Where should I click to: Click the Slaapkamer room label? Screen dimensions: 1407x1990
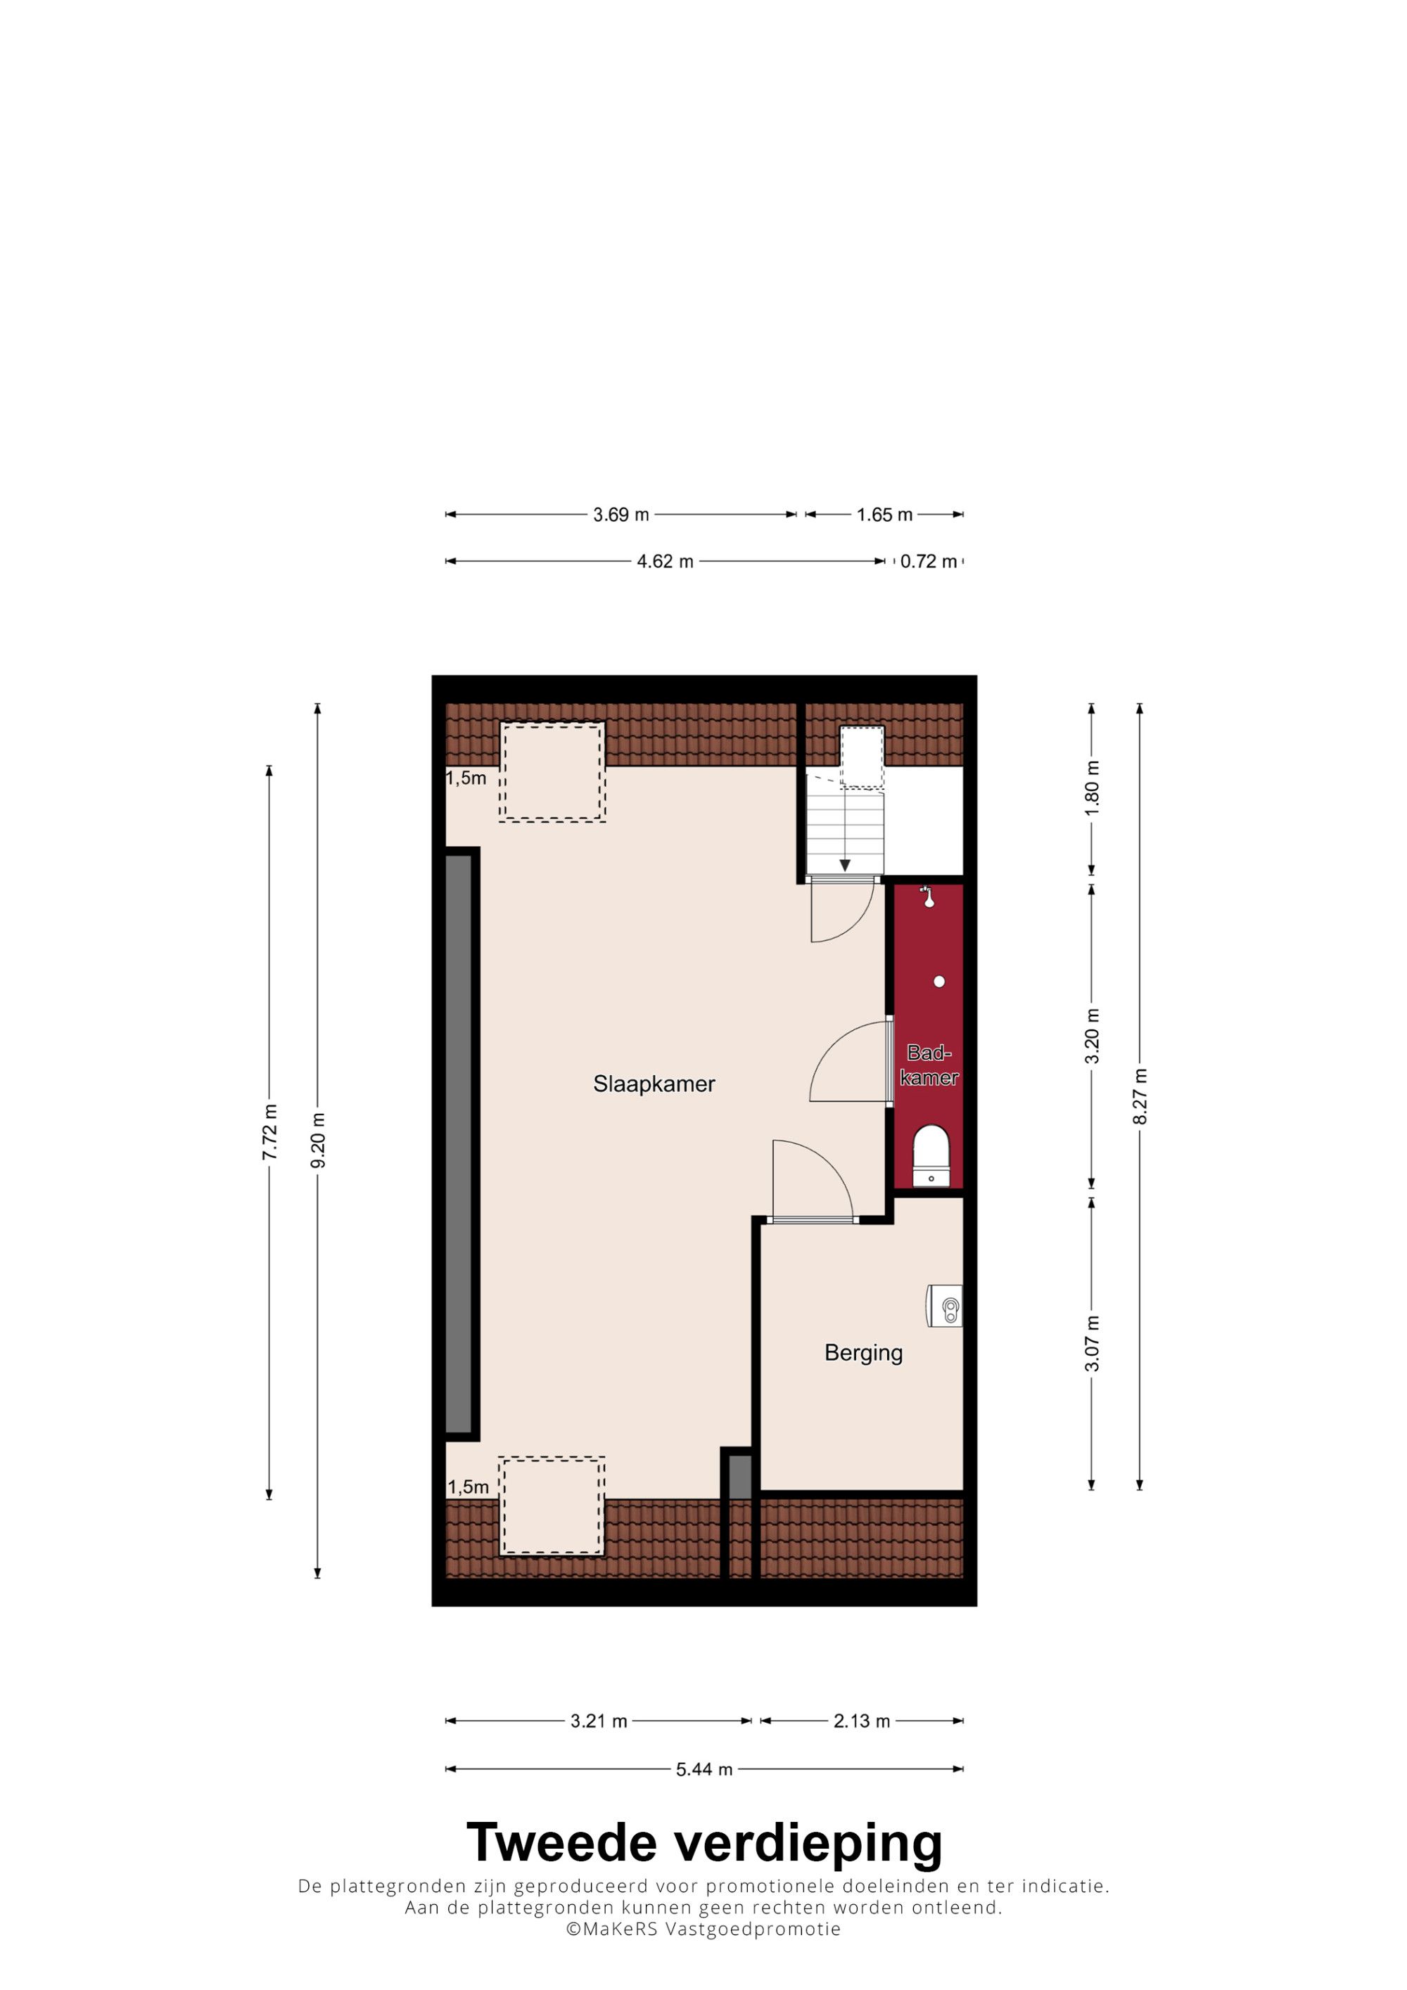654,1084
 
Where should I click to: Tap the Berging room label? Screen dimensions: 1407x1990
863,1353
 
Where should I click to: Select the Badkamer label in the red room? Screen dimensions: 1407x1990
929,1065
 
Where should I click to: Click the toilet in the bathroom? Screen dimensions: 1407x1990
931,1155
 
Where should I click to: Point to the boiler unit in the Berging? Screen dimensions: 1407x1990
944,1305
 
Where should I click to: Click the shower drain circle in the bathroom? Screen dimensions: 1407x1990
939,982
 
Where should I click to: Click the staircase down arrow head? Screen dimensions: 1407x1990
844,865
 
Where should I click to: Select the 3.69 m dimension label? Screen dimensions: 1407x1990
620,515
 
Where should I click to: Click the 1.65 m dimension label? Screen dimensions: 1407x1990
884,515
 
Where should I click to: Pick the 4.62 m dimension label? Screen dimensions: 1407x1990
665,562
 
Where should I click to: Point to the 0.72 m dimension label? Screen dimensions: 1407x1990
929,562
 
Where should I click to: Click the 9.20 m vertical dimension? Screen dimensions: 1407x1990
318,1140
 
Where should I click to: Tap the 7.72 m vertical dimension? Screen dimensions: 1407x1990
269,1132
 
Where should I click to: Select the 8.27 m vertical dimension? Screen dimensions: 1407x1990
1140,1096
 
